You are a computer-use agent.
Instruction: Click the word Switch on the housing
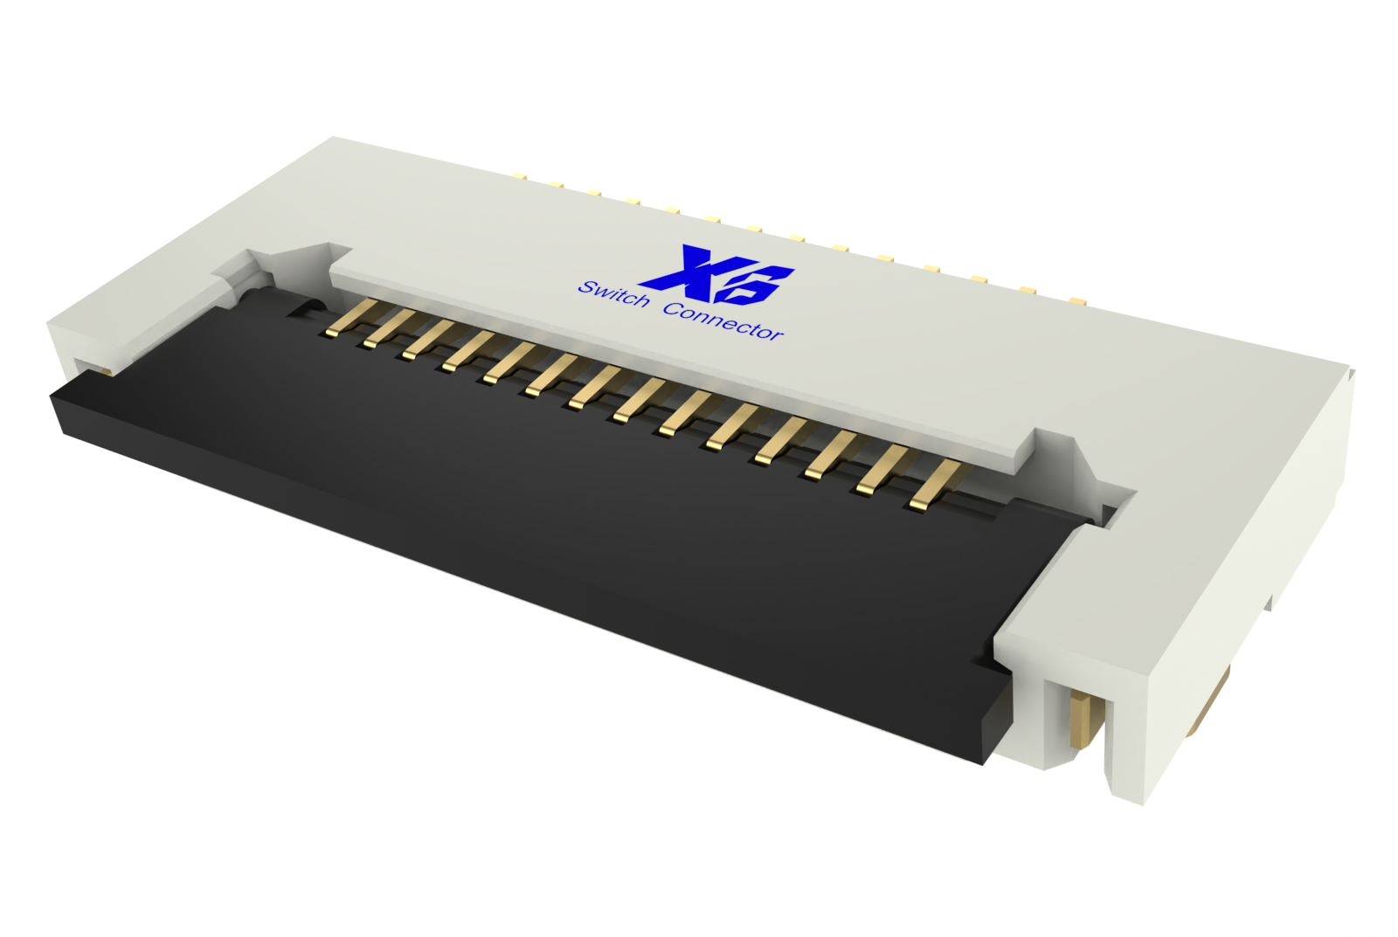[613, 294]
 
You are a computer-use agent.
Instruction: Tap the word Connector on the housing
[723, 321]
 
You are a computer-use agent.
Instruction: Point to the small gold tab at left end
[104, 370]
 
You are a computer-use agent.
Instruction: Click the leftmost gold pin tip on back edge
[521, 176]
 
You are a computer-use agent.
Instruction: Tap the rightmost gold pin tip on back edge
[1076, 301]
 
